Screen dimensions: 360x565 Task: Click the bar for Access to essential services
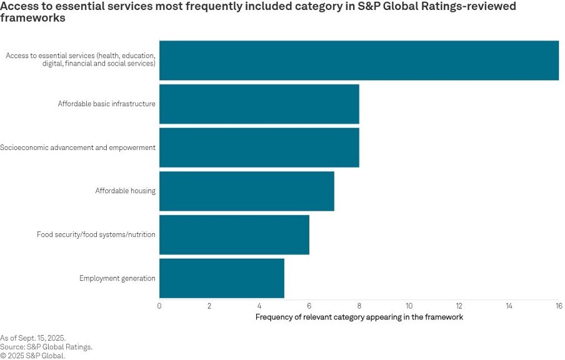pos(359,60)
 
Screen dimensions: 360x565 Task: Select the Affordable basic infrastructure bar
pos(259,104)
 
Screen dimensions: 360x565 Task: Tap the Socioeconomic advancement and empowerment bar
pos(259,147)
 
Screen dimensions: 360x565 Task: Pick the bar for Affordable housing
pos(246,191)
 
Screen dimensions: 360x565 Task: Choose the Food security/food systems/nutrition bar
pos(234,234)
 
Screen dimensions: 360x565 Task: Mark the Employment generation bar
pos(221,278)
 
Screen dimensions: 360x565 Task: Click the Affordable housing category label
pos(125,191)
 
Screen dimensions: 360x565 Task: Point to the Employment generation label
pos(117,278)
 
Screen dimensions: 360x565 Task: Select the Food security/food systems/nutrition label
pos(96,234)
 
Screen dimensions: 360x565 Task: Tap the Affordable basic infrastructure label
pos(106,104)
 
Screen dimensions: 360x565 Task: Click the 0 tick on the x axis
pos(159,306)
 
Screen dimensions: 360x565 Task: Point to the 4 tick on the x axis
pos(259,306)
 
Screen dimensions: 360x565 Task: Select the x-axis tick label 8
pos(359,306)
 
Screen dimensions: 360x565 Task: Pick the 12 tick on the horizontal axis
pos(459,306)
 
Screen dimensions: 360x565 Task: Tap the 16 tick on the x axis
pos(558,306)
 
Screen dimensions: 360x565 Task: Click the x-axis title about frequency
pos(359,317)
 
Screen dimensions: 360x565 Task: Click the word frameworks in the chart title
pos(32,18)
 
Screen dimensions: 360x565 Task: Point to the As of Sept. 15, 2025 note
pos(32,338)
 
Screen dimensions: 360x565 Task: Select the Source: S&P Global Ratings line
pos(46,347)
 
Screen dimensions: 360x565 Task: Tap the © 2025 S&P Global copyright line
pos(32,356)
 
